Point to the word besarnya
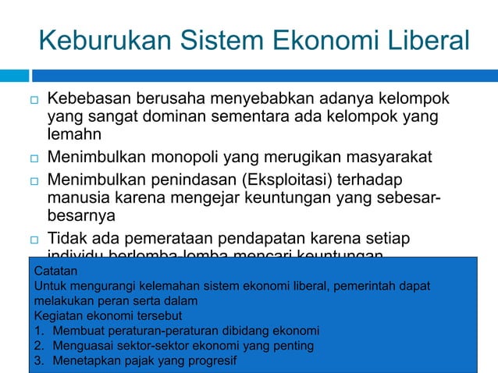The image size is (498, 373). coord(80,215)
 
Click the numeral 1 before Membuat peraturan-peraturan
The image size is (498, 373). coord(38,330)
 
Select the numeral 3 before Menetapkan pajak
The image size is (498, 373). coord(38,361)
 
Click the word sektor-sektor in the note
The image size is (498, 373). coord(153,345)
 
